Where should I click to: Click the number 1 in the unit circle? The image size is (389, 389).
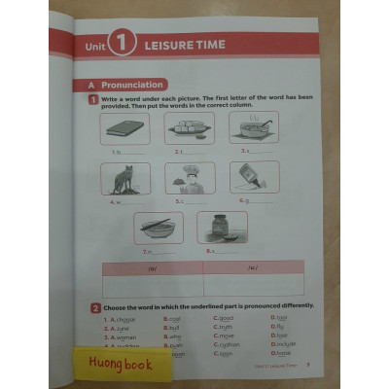click(122, 43)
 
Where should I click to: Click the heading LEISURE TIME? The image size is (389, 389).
click(184, 45)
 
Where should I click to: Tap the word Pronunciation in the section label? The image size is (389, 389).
click(127, 85)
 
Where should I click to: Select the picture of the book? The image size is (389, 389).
click(124, 128)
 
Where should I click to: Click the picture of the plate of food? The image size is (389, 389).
click(189, 127)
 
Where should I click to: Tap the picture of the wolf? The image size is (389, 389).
click(124, 178)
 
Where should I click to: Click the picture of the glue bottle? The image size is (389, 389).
click(254, 177)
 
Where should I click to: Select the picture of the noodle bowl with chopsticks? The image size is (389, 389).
click(158, 228)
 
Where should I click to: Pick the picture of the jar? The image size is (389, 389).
click(222, 228)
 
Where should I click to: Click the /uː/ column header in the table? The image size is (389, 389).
click(252, 267)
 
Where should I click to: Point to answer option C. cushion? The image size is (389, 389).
click(226, 344)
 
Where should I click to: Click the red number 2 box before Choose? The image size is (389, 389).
click(95, 307)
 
